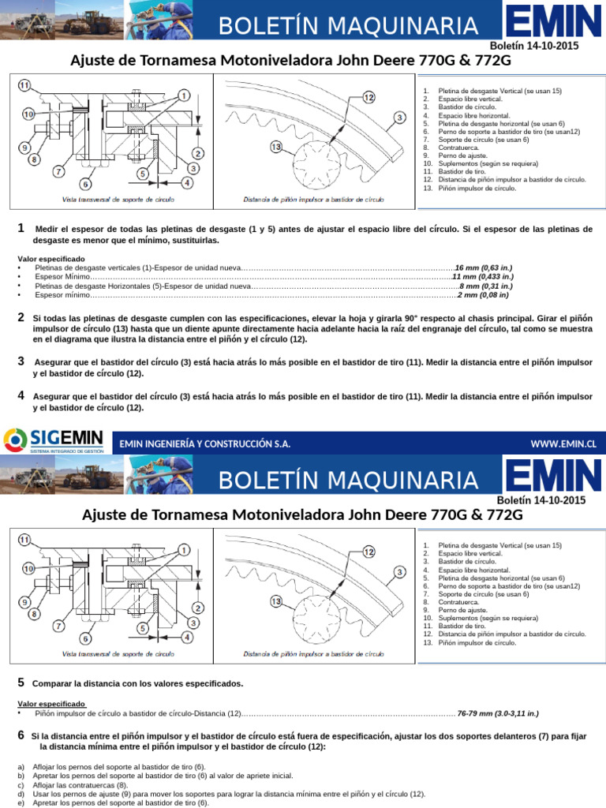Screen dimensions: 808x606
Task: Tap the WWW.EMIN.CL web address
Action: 563,444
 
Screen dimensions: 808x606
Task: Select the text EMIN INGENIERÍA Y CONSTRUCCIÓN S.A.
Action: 204,444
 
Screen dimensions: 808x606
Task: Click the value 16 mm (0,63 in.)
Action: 483,268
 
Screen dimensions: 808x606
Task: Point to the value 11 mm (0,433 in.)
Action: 482,277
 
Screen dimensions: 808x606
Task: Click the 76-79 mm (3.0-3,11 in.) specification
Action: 498,713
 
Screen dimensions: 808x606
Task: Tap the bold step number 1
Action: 21,229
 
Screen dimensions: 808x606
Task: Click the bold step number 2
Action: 21,317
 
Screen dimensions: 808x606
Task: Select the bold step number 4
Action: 21,395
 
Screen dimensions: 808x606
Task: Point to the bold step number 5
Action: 21,682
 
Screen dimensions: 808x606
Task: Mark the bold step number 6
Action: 21,735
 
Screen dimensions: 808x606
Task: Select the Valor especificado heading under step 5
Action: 51,703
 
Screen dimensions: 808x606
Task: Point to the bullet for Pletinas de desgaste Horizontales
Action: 19,286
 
